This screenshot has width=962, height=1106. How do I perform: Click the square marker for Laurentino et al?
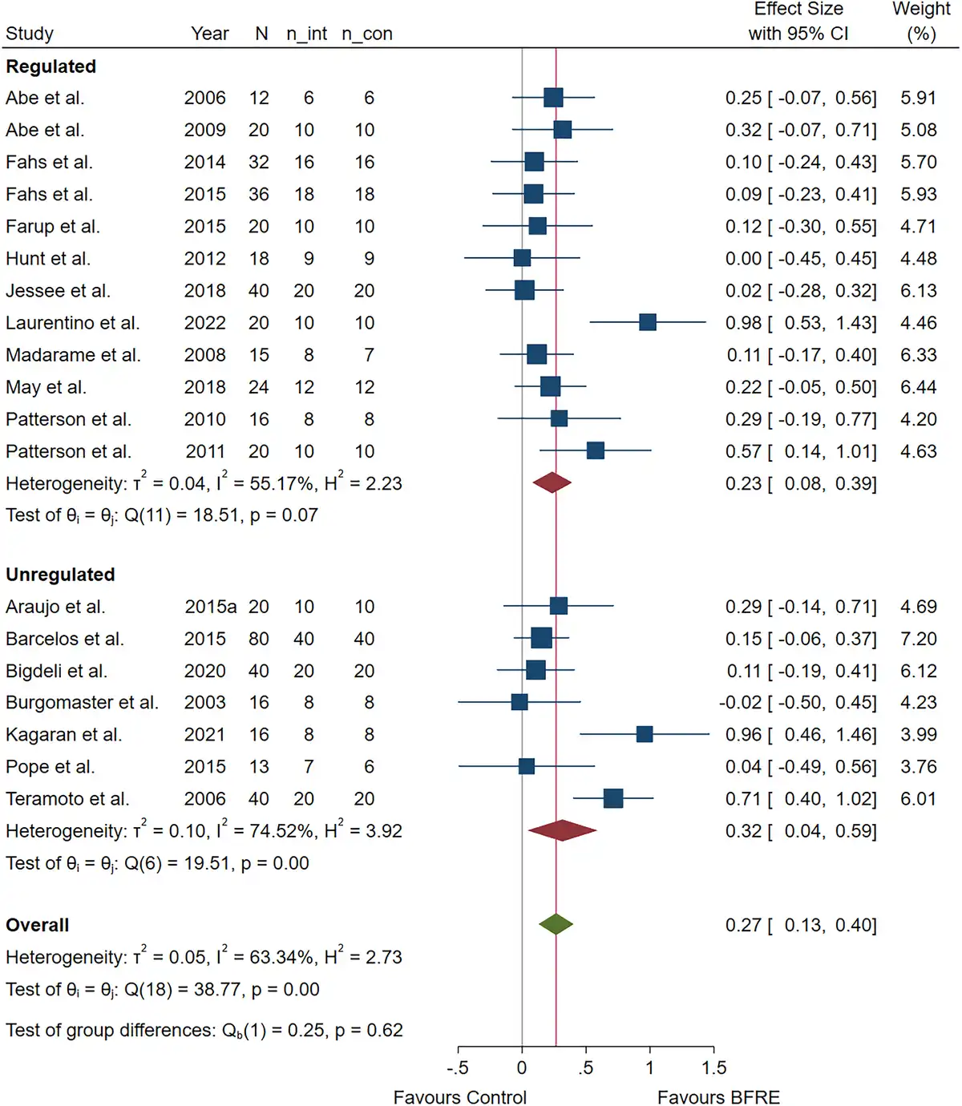point(648,322)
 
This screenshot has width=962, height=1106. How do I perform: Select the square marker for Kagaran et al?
point(645,734)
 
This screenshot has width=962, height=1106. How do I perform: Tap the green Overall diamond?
point(556,924)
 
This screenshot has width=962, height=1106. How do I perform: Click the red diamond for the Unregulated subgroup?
point(562,830)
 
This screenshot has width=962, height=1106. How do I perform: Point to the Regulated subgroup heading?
point(51,67)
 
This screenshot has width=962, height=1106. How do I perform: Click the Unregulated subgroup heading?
point(60,575)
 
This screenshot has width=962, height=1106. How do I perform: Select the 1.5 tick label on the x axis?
point(713,1068)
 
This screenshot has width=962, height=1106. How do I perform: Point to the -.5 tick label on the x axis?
point(457,1068)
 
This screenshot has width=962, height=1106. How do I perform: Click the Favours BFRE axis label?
point(718,1097)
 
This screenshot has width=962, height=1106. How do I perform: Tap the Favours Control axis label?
point(459,1097)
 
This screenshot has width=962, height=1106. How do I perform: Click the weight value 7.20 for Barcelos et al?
point(918,639)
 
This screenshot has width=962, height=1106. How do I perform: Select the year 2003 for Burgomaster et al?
point(204,703)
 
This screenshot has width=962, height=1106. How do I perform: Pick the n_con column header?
point(366,34)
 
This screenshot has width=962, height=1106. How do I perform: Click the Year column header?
point(210,34)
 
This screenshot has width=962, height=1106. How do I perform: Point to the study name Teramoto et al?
point(67,799)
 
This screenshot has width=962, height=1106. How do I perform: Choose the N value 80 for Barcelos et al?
point(258,639)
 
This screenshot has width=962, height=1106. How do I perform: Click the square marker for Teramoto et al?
point(613,798)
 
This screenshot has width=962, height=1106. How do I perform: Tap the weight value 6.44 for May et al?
point(918,387)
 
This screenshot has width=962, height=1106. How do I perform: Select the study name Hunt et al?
point(48,259)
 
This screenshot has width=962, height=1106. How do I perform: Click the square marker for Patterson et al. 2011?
point(595,450)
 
